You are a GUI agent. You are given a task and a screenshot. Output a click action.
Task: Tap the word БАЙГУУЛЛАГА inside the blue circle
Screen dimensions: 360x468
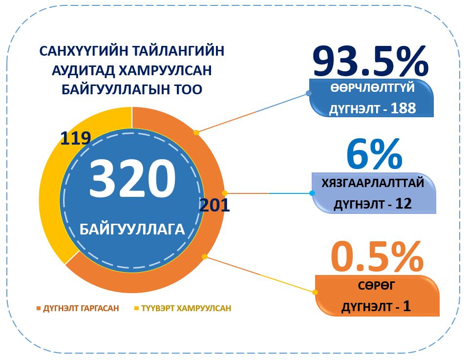coord(132,229)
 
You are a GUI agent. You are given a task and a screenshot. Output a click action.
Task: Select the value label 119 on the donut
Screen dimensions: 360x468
coord(75,138)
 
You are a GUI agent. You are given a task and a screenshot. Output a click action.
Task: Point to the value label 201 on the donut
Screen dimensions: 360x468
coord(214,205)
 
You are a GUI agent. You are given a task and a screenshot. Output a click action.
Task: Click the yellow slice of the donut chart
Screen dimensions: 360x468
coord(54,195)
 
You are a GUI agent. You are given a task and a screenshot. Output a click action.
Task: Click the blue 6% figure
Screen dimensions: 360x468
coord(374,153)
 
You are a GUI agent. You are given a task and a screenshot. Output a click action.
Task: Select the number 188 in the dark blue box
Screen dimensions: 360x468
coord(403,108)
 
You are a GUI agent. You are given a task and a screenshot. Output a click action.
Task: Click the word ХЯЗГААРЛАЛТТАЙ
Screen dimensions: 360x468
coord(372,183)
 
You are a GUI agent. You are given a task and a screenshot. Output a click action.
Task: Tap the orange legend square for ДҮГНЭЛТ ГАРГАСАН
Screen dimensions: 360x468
coord(39,309)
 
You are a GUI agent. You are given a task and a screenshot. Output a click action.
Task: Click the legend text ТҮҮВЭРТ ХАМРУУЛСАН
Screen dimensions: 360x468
coord(186,309)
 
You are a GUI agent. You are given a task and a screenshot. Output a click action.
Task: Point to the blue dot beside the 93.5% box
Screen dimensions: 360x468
coord(309,93)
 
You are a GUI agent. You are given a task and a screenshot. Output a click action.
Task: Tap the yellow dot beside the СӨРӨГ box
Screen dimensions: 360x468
coord(315,292)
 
